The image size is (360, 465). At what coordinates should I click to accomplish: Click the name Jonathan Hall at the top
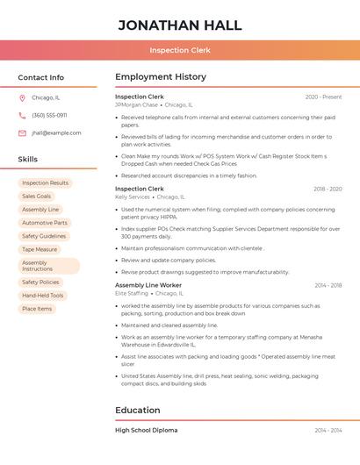[179, 25]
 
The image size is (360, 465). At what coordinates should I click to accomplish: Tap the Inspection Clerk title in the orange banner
[179, 50]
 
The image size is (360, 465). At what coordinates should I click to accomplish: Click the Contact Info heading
[41, 77]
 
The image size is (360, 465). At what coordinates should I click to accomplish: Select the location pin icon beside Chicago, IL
[22, 98]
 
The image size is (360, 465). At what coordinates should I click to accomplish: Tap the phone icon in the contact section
[22, 116]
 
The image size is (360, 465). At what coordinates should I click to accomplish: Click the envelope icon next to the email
[22, 133]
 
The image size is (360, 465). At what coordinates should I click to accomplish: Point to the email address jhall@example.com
[56, 133]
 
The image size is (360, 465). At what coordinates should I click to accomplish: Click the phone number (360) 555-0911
[49, 116]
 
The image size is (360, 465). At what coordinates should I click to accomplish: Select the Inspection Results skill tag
[45, 183]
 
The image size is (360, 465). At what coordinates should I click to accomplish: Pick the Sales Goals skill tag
[37, 197]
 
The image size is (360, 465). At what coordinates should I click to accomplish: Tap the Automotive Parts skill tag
[45, 223]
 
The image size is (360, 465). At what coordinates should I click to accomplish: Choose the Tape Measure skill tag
[40, 249]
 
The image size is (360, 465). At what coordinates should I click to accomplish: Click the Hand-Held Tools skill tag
[43, 296]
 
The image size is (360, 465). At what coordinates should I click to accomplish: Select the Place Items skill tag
[37, 309]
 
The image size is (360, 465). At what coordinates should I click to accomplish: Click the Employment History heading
[161, 77]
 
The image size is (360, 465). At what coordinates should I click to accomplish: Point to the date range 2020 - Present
[323, 97]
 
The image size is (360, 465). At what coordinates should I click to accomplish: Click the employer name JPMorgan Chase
[136, 105]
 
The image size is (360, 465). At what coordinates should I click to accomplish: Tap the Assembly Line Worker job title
[148, 285]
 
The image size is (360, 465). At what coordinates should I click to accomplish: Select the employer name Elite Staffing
[132, 293]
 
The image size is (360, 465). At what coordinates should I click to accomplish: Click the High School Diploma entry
[146, 430]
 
